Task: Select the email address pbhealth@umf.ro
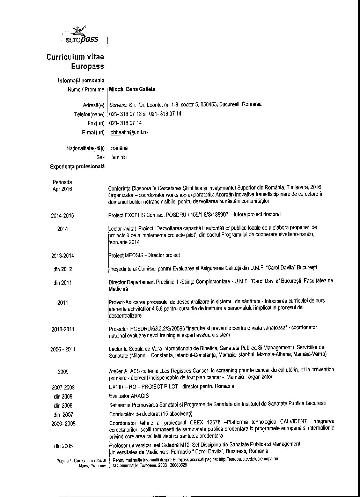click(x=129, y=133)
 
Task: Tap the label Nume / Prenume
click(x=86, y=90)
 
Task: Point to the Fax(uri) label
click(x=96, y=123)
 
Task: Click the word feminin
click(x=119, y=157)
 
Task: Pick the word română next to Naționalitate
click(x=119, y=148)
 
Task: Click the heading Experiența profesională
click(x=77, y=167)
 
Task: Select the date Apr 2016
click(x=62, y=189)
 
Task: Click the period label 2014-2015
click(x=63, y=216)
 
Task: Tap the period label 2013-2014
click(x=63, y=256)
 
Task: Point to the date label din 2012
click(x=63, y=269)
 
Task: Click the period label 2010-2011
click(x=63, y=329)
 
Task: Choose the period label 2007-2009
click(x=63, y=387)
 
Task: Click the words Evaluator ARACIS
click(x=128, y=396)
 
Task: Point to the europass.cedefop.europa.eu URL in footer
click(x=248, y=459)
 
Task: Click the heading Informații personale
click(x=81, y=81)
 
